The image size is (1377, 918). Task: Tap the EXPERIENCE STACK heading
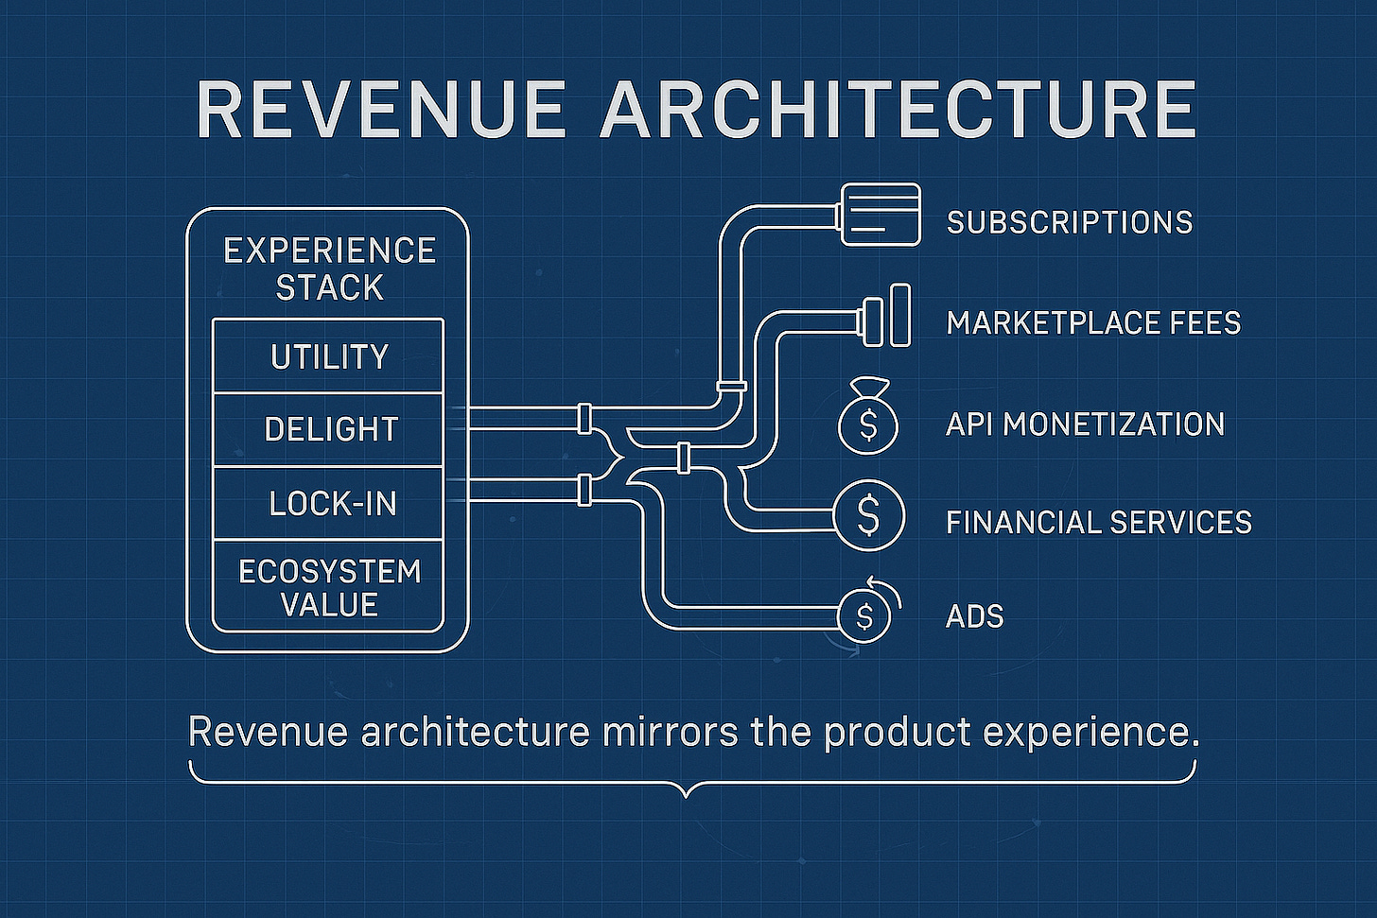pos(329,268)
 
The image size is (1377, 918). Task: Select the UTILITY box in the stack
pos(328,356)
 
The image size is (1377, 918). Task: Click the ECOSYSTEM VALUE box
pos(328,587)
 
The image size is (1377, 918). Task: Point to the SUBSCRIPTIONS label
pos(1070,222)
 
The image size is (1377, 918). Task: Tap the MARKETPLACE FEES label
pos(1093,323)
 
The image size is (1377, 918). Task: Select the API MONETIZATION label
pos(1085,424)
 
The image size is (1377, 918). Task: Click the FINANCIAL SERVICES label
pos(1098,522)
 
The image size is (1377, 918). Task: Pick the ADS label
pos(974,616)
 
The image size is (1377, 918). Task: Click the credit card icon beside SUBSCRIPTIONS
pos(880,215)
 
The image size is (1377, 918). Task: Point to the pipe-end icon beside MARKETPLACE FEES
pos(887,315)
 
